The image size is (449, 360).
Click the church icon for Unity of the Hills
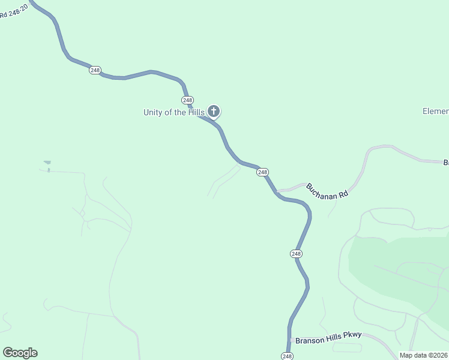214,111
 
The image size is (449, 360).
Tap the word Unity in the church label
154,112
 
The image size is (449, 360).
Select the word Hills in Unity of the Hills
194,112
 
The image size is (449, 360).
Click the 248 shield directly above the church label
187,100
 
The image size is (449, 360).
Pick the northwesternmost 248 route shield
95,70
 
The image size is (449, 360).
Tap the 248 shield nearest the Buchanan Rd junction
262,172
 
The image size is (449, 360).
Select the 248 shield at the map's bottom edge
287,356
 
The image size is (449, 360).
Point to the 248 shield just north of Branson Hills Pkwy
296,254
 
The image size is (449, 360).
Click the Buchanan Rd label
327,191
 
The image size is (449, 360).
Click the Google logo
20,353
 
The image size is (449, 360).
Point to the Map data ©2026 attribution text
423,355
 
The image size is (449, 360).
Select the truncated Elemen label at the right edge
435,112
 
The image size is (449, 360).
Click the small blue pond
47,162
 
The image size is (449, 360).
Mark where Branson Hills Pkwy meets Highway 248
291,340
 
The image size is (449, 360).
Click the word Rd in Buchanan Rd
343,194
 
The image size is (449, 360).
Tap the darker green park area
396,270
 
